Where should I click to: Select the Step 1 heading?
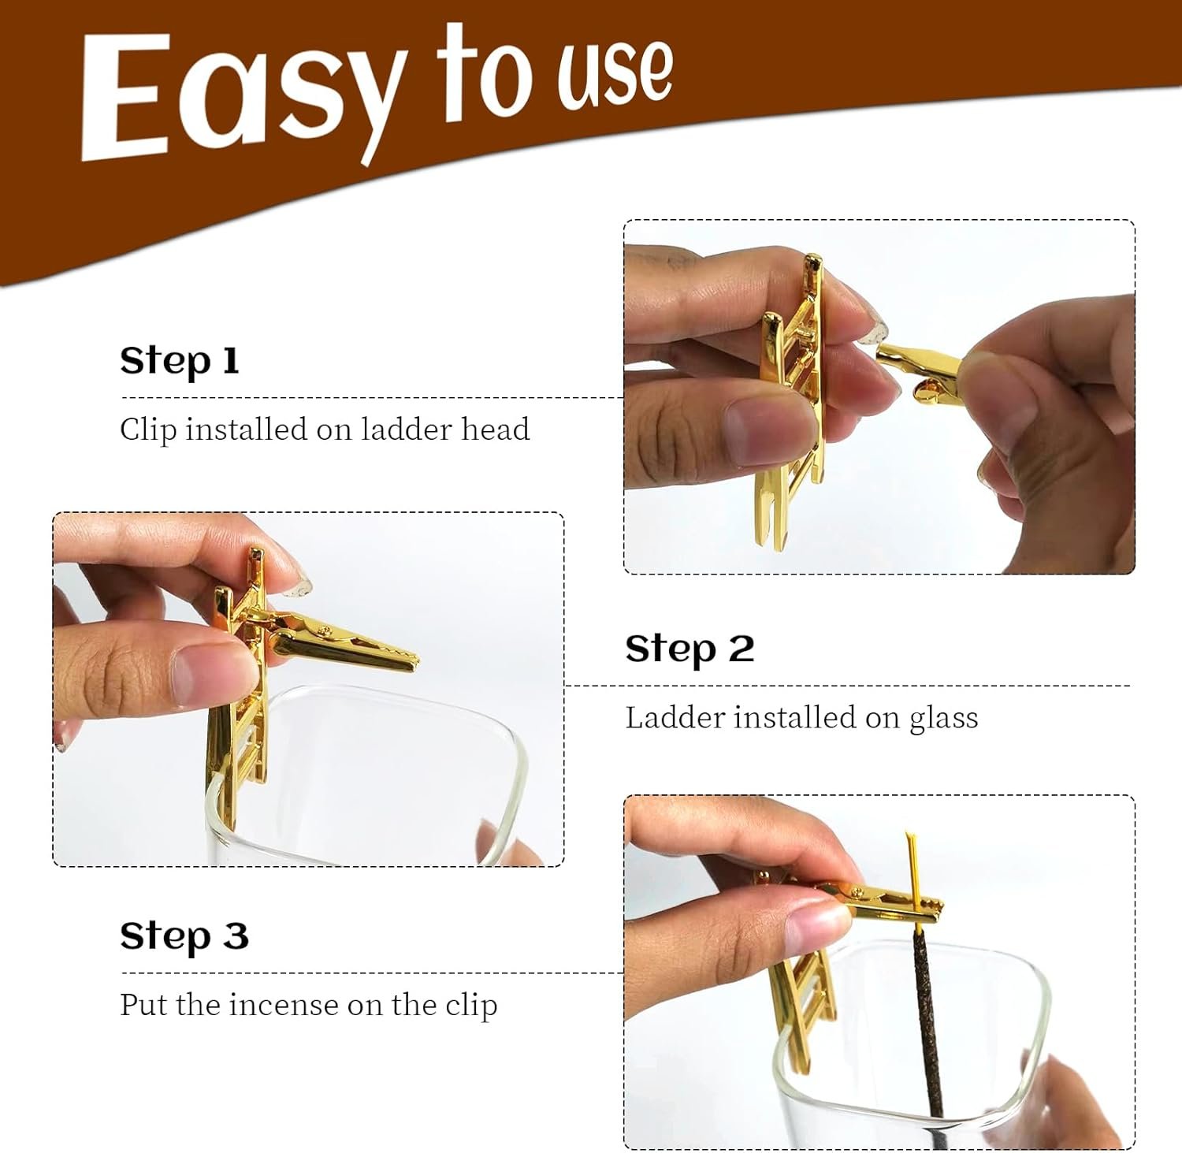(x=179, y=361)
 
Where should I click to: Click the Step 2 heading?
(x=689, y=649)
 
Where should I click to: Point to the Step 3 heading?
(x=184, y=936)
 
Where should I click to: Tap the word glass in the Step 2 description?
(x=943, y=719)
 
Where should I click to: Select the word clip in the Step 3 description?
(x=471, y=1006)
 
